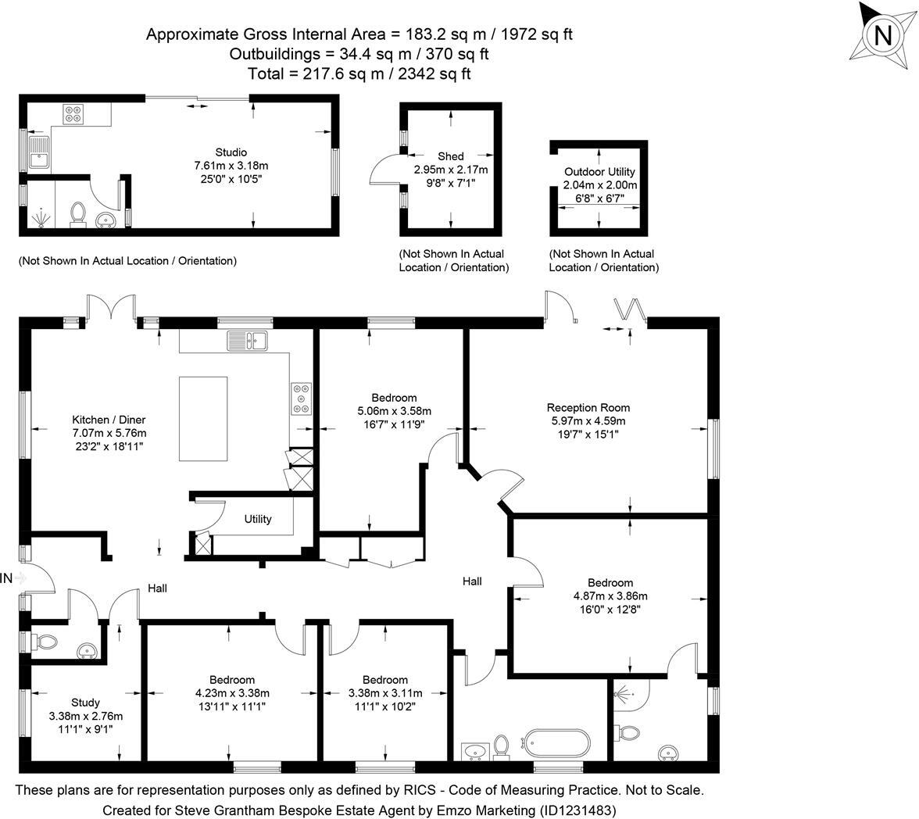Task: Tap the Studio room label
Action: (231, 152)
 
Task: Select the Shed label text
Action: (451, 156)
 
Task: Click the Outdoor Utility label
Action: (599, 172)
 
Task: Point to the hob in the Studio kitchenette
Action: (74, 114)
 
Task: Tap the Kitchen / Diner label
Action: (109, 420)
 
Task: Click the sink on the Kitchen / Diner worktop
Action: (247, 340)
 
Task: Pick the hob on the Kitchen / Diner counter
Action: (302, 398)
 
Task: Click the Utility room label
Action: (258, 519)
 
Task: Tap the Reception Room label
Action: (588, 408)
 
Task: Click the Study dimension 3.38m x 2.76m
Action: (85, 716)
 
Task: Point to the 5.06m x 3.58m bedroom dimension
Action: (394, 411)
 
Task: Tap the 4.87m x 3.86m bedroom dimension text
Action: (610, 595)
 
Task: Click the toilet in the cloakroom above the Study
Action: (46, 642)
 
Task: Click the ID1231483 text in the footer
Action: (578, 810)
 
